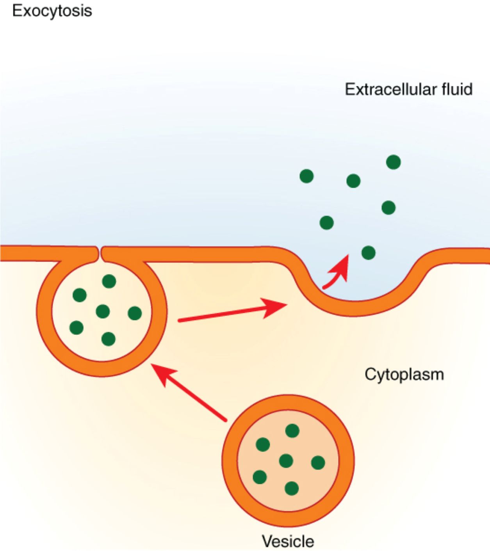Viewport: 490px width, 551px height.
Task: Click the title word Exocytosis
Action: click(x=52, y=11)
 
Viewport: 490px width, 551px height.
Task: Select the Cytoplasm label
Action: click(x=404, y=374)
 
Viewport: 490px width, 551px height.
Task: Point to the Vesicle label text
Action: click(x=288, y=541)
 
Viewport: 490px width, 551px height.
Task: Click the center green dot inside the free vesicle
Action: click(x=286, y=461)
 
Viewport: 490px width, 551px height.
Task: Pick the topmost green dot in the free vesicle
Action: click(x=292, y=431)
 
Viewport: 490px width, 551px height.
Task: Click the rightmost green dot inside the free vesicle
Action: click(x=318, y=463)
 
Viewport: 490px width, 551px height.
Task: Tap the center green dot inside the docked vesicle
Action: click(x=103, y=311)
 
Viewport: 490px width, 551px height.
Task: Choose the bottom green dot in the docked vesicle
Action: click(x=108, y=339)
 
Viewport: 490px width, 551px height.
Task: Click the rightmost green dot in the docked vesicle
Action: click(x=135, y=313)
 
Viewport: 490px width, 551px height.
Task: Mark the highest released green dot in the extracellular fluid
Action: click(x=393, y=162)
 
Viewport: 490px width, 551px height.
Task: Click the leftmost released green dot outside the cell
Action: click(x=306, y=176)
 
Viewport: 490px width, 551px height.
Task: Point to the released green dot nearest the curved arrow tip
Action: click(x=368, y=252)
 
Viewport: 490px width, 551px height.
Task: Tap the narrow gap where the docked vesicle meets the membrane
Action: click(x=99, y=254)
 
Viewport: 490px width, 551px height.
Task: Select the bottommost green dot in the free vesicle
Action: click(x=292, y=488)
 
